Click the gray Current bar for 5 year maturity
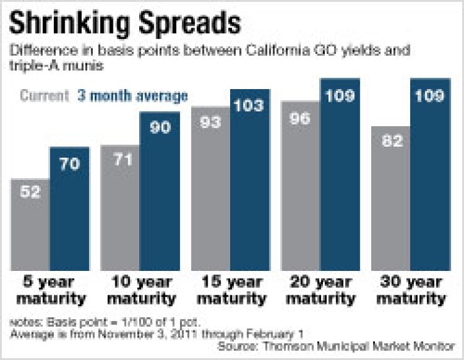pyautogui.click(x=31, y=229)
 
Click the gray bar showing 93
pyautogui.click(x=210, y=188)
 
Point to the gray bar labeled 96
pyautogui.click(x=301, y=185)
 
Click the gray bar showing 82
pyautogui.click(x=390, y=198)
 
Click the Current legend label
pyautogui.click(x=44, y=96)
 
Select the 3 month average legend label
pyautogui.click(x=132, y=96)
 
